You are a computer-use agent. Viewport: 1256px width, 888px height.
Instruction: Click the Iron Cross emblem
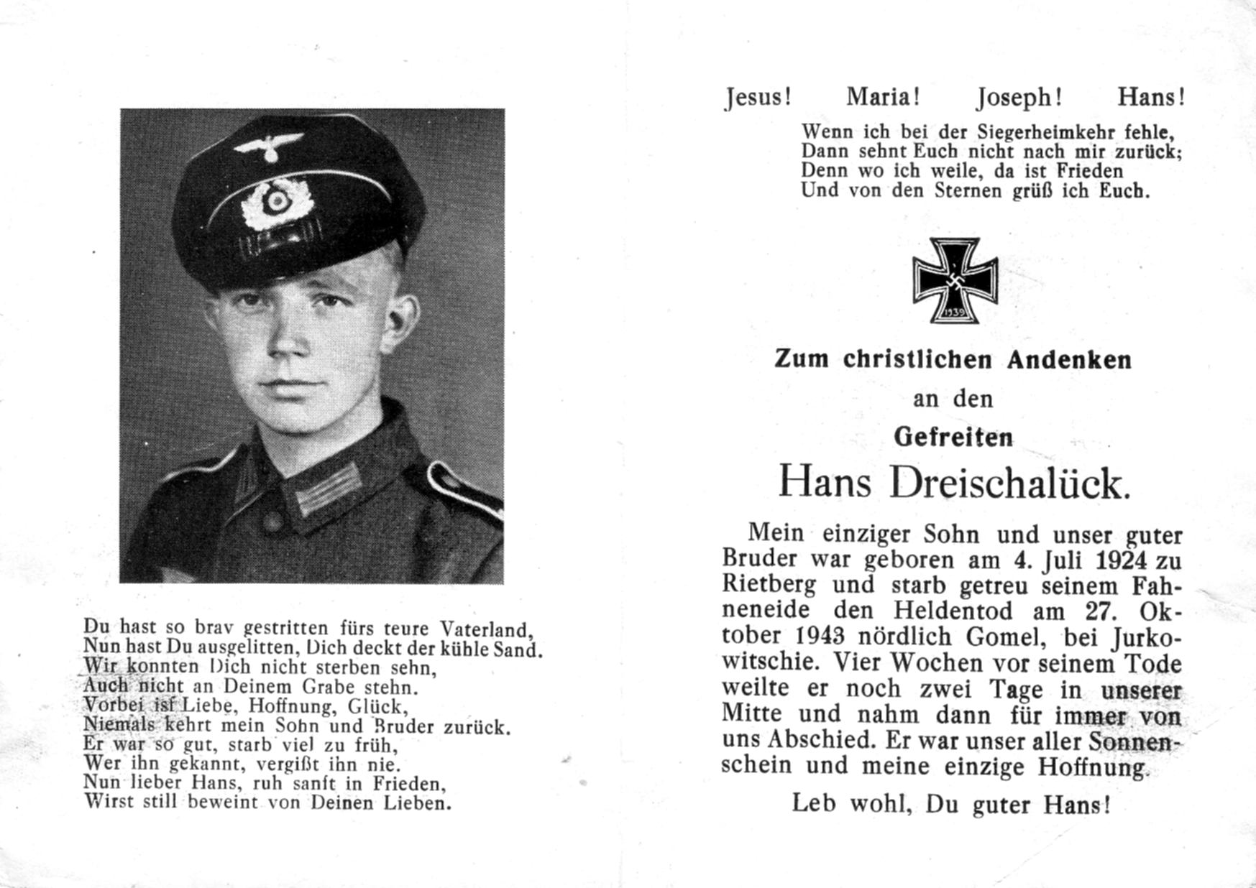pyautogui.click(x=955, y=280)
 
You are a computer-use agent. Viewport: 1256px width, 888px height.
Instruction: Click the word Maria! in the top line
pyautogui.click(x=883, y=96)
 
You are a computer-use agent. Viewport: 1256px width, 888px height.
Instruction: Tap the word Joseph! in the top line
pyautogui.click(x=1019, y=97)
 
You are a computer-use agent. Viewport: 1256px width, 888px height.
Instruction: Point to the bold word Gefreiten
pyautogui.click(x=953, y=437)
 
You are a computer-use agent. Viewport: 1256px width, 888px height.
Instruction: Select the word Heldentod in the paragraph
pyautogui.click(x=953, y=611)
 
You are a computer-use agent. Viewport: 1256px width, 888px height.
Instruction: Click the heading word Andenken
pyautogui.click(x=1069, y=359)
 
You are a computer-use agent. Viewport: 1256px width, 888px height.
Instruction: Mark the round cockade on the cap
pyautogui.click(x=275, y=200)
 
